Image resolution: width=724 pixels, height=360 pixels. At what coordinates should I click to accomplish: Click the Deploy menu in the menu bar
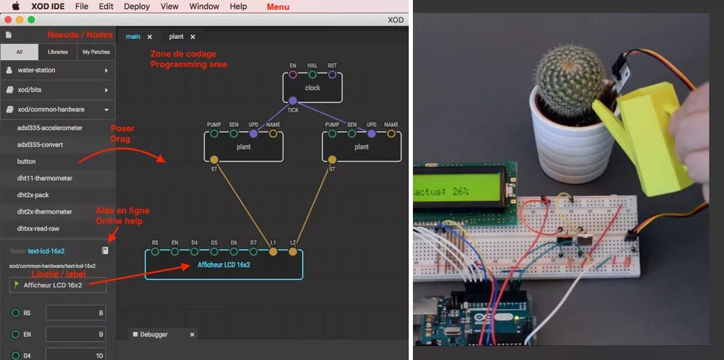[x=137, y=6]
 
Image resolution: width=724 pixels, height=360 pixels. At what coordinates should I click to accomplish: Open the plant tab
[x=176, y=36]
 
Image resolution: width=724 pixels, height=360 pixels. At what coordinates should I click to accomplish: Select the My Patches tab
[x=96, y=52]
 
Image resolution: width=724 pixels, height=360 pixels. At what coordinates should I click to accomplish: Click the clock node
[x=312, y=88]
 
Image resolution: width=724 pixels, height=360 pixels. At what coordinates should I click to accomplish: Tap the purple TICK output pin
[x=293, y=100]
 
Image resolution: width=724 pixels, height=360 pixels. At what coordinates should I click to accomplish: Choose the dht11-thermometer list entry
[x=45, y=178]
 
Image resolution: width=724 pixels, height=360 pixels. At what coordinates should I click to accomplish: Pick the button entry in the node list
[x=27, y=161]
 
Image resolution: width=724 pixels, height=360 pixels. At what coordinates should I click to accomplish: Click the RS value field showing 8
[x=76, y=313]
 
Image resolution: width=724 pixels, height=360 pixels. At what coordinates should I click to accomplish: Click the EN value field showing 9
[x=76, y=334]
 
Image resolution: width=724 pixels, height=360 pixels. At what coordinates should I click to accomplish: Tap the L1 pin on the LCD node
[x=273, y=252]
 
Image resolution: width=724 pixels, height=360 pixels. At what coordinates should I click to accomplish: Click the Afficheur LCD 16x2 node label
[x=224, y=265]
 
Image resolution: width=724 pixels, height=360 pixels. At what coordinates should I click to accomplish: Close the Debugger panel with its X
[x=193, y=334]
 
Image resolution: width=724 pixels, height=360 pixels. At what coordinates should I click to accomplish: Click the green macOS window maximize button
[x=31, y=20]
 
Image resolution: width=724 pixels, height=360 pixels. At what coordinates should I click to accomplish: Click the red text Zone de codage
[x=183, y=54]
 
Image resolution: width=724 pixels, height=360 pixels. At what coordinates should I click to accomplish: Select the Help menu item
[x=238, y=6]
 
